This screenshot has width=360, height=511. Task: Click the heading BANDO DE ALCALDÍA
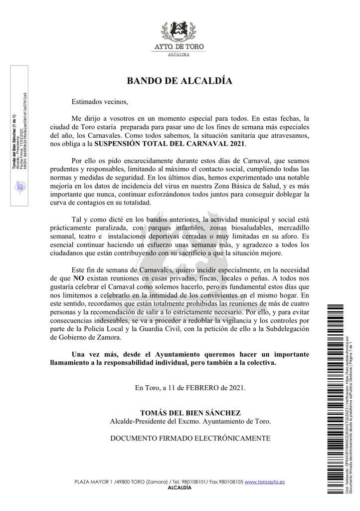180,80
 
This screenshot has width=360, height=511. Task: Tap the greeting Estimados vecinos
99,102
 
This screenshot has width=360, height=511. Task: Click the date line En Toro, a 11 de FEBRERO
190,387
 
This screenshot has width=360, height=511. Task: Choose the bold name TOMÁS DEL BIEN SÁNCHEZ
190,413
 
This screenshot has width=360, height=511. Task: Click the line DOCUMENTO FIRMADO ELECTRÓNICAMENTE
190,438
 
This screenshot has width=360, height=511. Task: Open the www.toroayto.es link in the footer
265,482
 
